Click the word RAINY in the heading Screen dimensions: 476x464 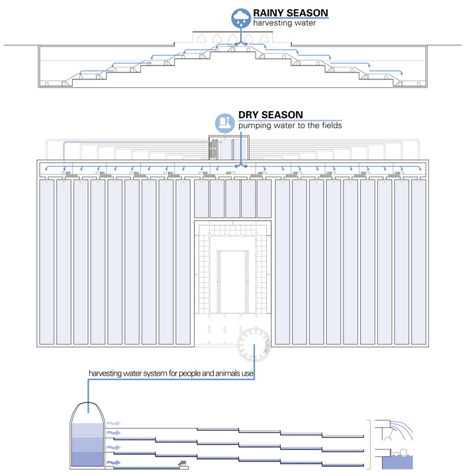[271, 13]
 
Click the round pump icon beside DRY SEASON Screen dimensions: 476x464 [225, 122]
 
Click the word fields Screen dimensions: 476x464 [330, 126]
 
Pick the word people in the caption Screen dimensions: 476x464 [179, 374]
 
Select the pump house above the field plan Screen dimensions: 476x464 [219, 146]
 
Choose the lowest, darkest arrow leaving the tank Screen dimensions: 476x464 [114, 463]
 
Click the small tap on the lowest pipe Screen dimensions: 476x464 [182, 464]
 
